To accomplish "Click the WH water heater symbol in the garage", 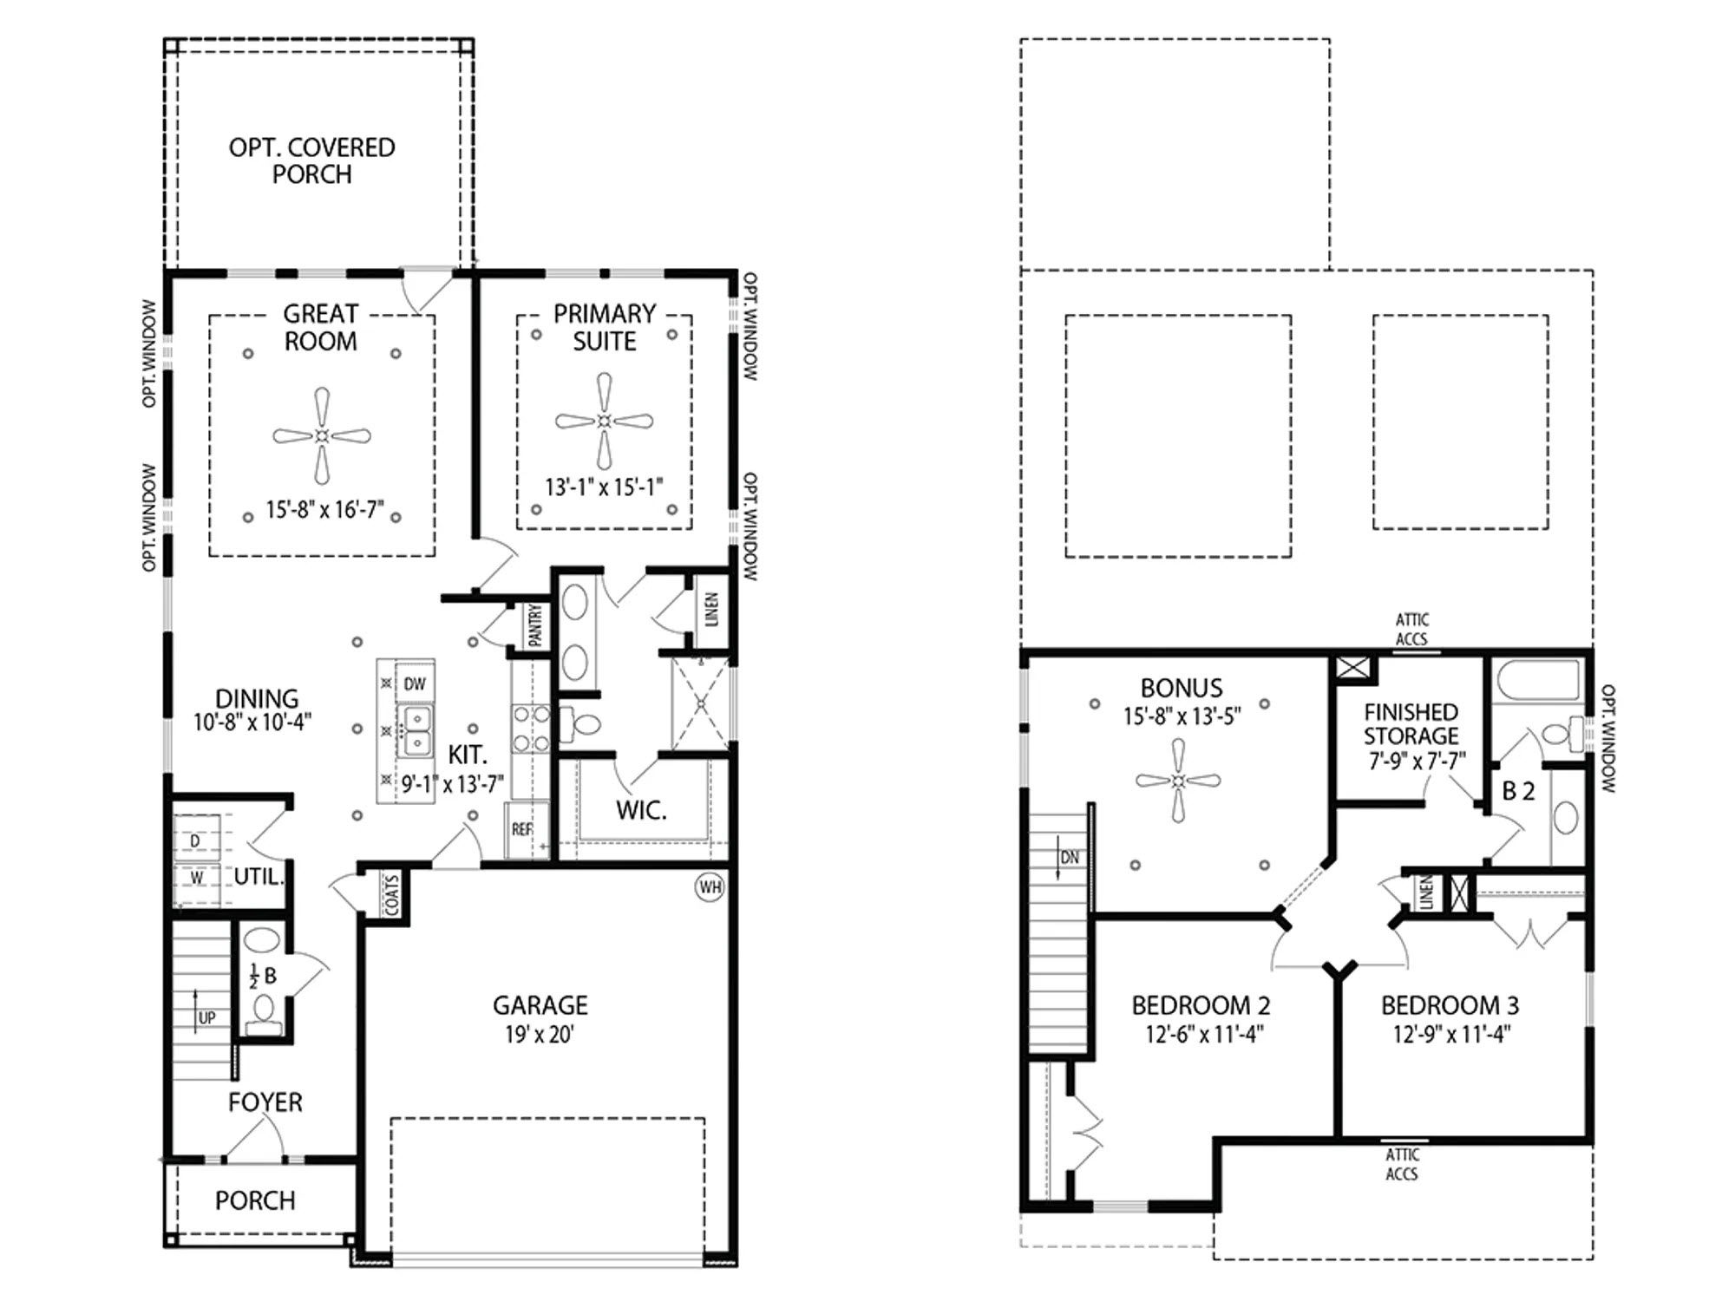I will click(x=710, y=887).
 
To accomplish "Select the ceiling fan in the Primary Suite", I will click(x=605, y=422).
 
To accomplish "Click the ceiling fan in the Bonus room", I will click(x=1178, y=781).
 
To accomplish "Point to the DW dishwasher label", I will click(x=415, y=684).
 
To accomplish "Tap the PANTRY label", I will click(x=535, y=625).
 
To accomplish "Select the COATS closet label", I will click(x=391, y=894).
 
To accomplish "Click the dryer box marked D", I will click(x=196, y=840).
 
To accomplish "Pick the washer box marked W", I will click(x=196, y=878).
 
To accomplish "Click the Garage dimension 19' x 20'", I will click(x=540, y=1035).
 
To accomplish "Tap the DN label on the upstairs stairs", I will click(x=1070, y=858).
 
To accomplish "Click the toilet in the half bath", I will click(x=264, y=1012).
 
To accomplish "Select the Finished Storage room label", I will click(x=1411, y=724).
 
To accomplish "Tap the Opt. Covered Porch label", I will click(x=311, y=160).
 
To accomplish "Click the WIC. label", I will click(x=641, y=811).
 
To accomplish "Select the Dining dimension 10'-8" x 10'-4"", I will click(x=252, y=722).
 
